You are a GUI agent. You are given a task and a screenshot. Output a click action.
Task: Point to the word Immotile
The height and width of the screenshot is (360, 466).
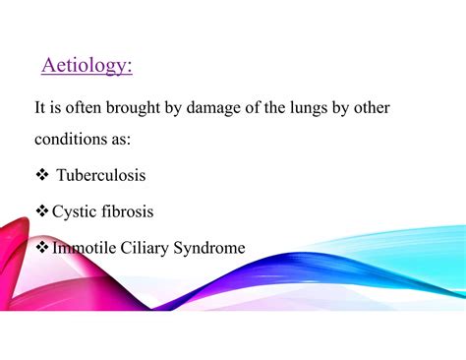[84, 248]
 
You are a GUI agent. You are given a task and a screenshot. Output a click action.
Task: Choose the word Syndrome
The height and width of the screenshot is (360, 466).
[209, 248]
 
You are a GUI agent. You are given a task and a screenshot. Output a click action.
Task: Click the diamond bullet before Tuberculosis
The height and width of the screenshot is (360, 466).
[41, 175]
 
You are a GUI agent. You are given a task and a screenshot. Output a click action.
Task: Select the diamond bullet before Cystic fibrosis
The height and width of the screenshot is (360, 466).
[41, 211]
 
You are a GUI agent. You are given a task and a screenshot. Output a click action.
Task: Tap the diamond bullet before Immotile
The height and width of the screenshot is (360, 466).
[41, 248]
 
